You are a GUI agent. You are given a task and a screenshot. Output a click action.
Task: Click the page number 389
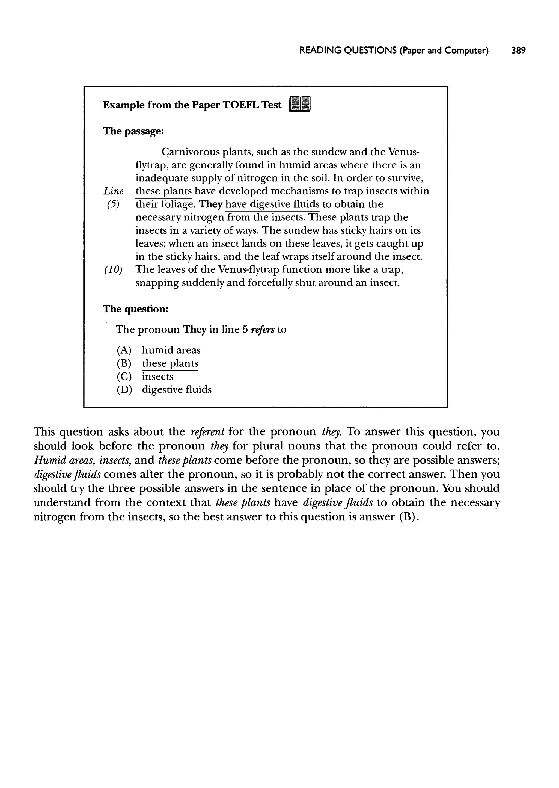[518, 51]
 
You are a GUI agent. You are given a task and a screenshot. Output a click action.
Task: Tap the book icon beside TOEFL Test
[300, 104]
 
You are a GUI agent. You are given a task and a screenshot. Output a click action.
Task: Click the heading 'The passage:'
[133, 131]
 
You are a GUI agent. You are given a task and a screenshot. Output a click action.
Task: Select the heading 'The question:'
[136, 309]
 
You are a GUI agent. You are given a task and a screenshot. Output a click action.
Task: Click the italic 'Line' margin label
[113, 191]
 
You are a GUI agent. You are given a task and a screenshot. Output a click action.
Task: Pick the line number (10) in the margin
[113, 269]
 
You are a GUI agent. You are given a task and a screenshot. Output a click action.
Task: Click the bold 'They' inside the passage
[211, 205]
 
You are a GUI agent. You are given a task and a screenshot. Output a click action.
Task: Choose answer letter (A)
[124, 351]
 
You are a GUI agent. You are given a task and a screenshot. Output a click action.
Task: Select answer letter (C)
[124, 377]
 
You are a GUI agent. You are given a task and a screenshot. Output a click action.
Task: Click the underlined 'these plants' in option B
[170, 363]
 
